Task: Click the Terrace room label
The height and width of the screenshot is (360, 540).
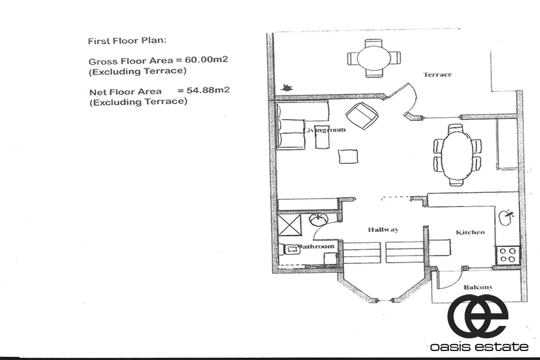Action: (438, 74)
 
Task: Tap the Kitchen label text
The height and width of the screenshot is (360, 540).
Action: (470, 232)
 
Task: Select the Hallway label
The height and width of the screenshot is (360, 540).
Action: (383, 229)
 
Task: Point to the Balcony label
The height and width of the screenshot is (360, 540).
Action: (478, 287)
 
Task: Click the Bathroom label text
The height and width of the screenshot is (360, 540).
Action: (316, 246)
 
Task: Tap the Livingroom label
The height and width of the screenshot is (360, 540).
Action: (325, 130)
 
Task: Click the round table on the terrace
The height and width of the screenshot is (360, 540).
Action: (374, 58)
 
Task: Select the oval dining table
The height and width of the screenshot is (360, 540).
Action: (457, 154)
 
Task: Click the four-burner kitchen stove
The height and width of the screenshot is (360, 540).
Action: (507, 256)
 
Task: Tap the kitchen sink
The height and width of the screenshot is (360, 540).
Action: (506, 218)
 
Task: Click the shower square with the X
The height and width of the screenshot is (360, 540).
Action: (290, 224)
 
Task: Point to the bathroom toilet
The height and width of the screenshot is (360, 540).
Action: (291, 249)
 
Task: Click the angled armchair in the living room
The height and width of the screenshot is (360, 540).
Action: (362, 116)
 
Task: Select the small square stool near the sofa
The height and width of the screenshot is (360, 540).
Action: (348, 156)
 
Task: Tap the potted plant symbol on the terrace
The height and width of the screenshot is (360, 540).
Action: (286, 88)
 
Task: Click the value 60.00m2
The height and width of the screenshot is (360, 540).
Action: (206, 60)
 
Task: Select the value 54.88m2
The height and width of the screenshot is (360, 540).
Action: (208, 90)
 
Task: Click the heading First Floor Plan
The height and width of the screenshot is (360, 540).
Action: (127, 40)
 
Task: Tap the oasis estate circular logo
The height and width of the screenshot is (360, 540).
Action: (479, 315)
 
